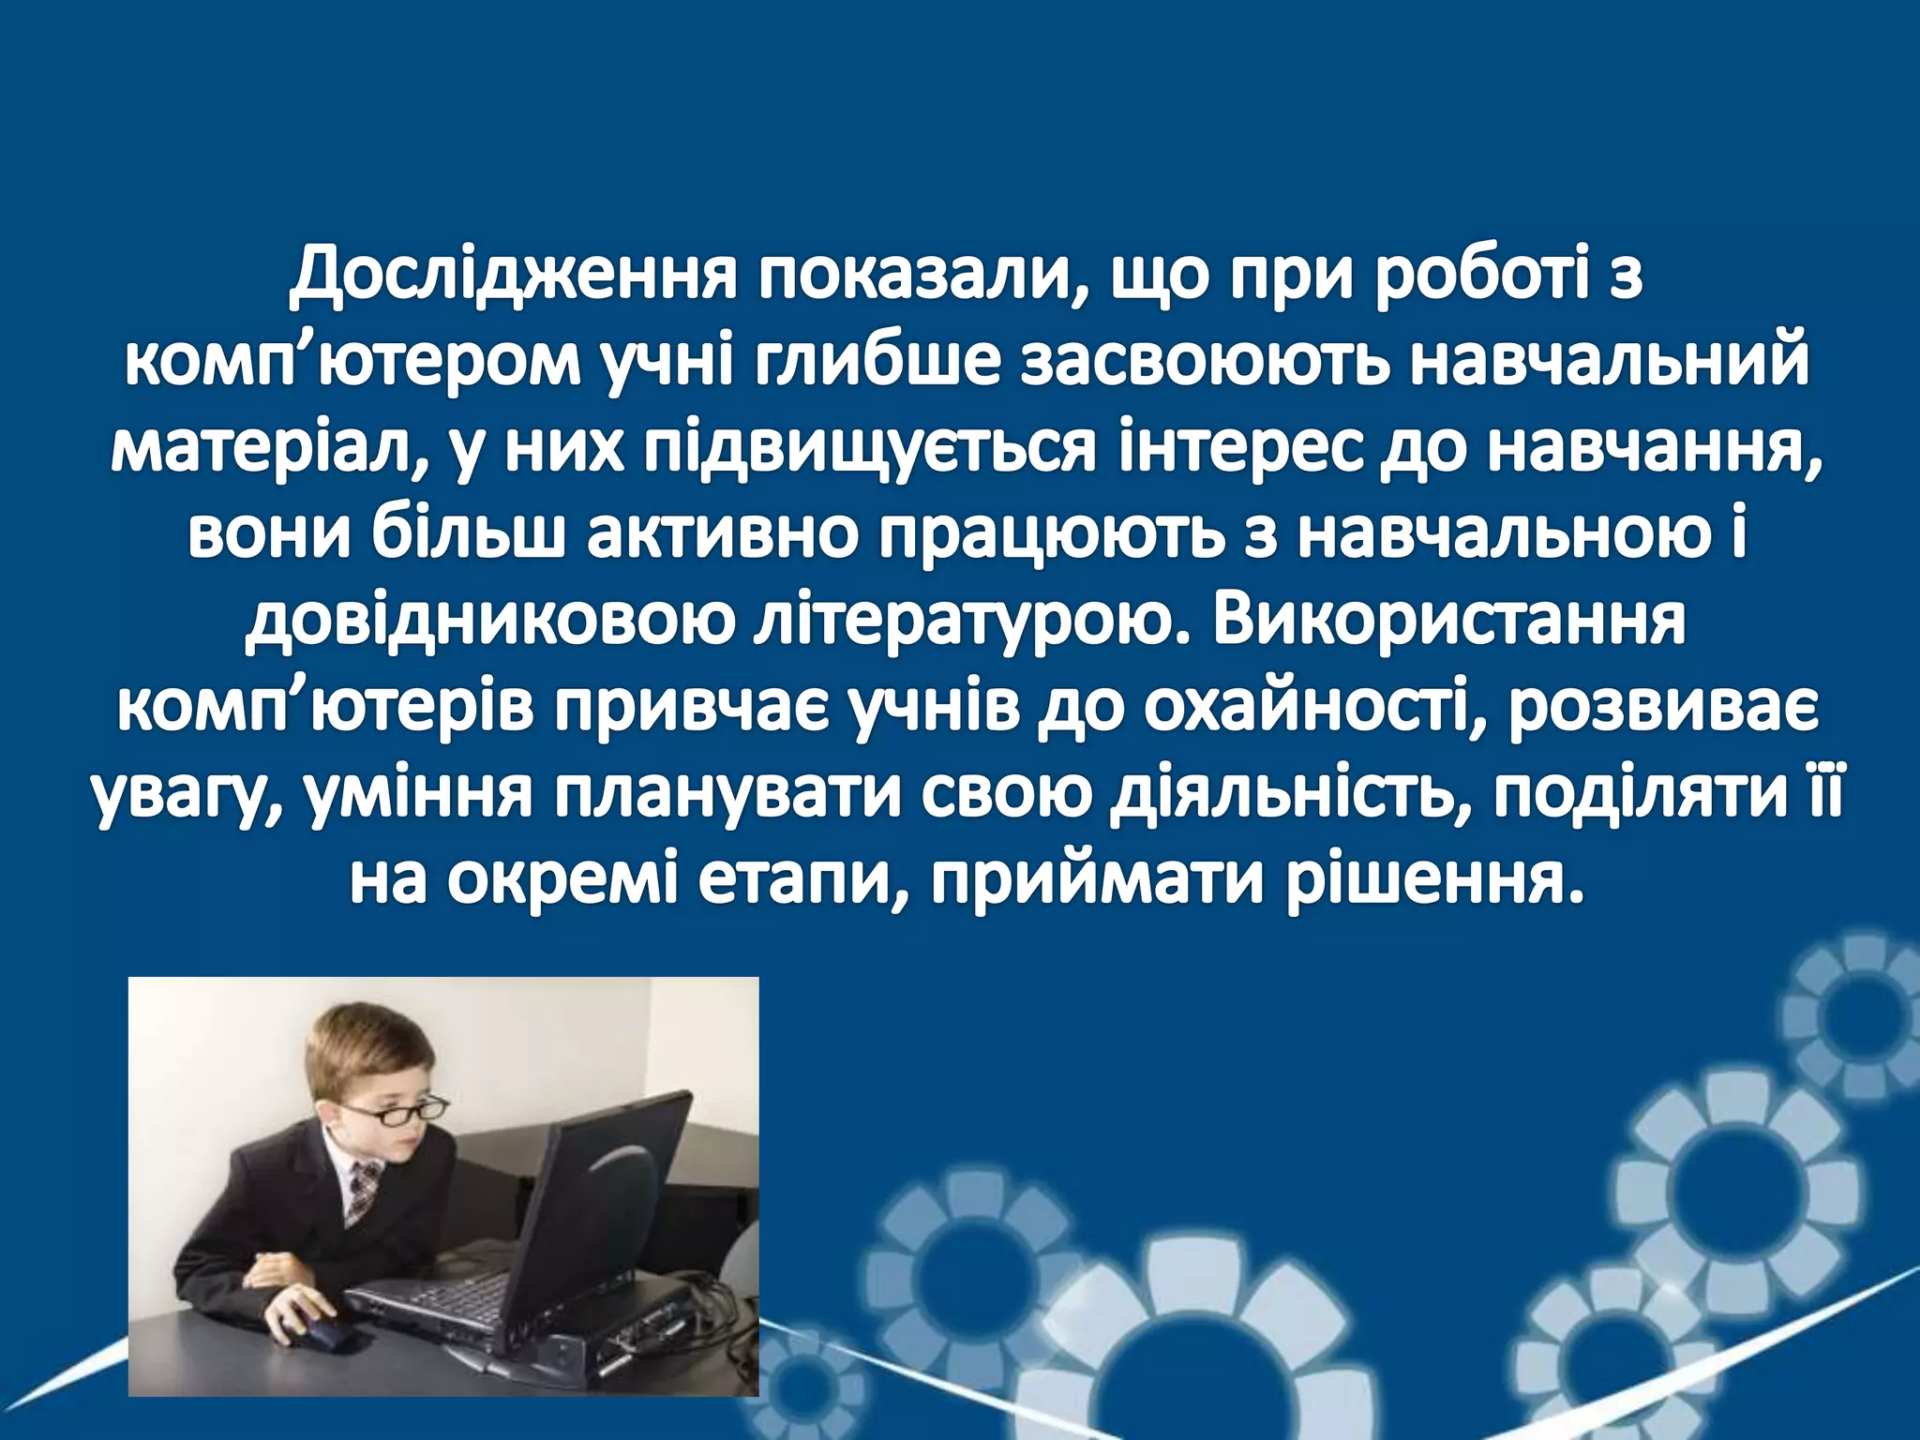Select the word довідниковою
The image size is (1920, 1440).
point(487,625)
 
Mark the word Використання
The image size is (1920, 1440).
point(1447,625)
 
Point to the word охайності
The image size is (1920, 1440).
point(1280,712)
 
